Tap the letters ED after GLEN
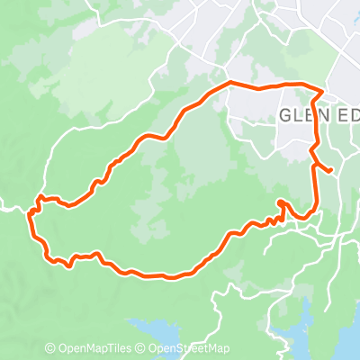click(346, 116)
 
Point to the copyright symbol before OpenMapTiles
click(50, 349)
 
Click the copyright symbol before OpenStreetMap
click(141, 349)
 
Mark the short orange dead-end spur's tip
click(331, 169)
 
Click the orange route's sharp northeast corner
click(323, 90)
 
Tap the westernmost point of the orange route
click(29, 214)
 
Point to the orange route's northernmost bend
click(230, 83)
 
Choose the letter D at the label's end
click(353, 116)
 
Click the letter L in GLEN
click(298, 116)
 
